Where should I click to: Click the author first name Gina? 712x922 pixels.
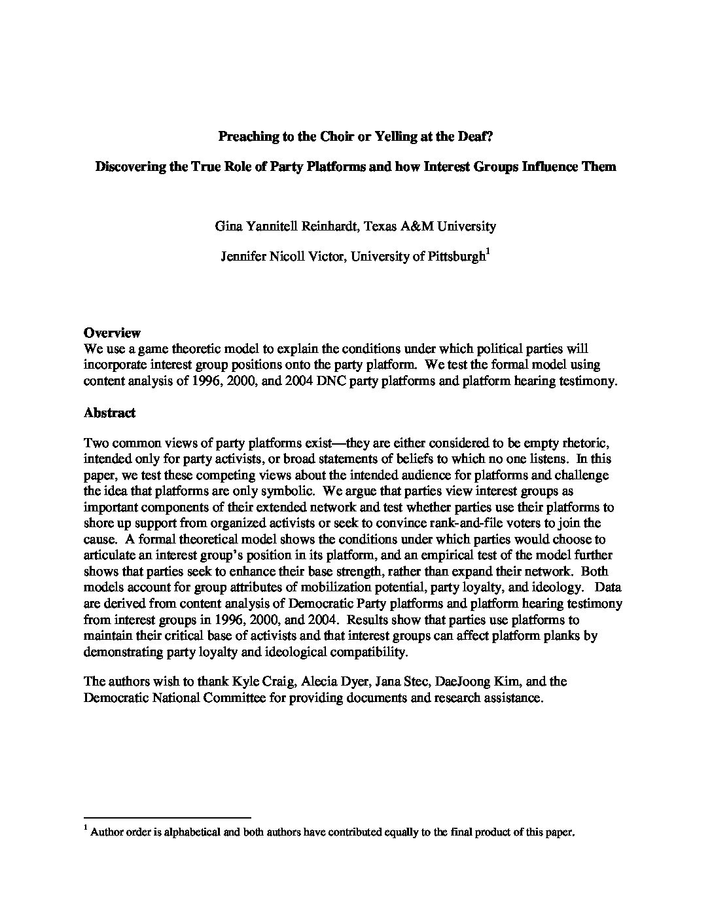[228, 226]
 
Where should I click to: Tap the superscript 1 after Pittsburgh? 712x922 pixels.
[488, 252]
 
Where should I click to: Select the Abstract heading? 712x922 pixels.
[109, 413]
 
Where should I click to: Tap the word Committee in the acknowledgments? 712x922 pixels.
[224, 697]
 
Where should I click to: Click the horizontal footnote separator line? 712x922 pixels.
[168, 817]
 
